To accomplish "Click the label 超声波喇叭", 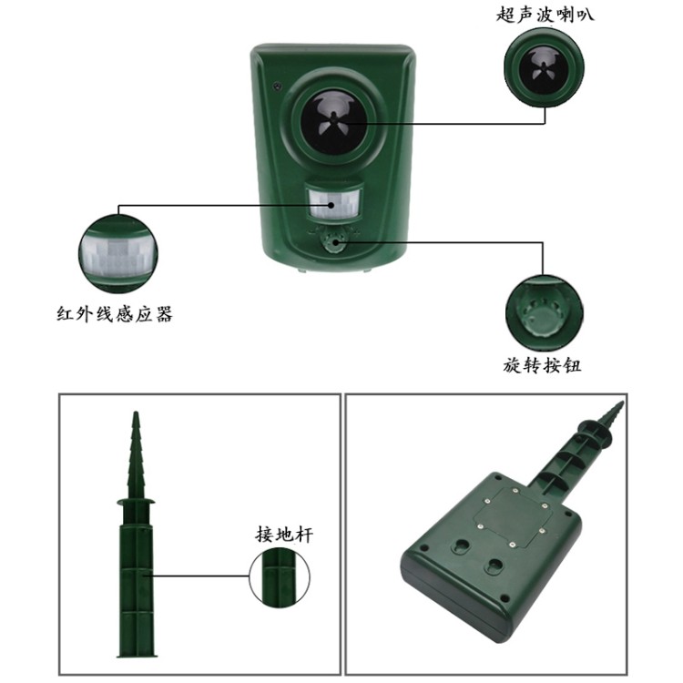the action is [545, 15].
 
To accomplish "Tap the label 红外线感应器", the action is [115, 313].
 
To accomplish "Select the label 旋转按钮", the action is [543, 365].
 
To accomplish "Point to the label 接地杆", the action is [284, 534].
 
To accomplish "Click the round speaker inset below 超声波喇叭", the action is [544, 68].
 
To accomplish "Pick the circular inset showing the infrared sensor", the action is [118, 254].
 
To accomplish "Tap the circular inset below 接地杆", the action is [280, 577].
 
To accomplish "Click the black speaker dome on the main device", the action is [333, 122].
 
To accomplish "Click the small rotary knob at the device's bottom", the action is [335, 243].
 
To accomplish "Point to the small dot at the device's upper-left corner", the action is [277, 86].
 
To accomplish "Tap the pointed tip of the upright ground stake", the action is [136, 413].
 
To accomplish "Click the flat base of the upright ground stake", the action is [137, 654].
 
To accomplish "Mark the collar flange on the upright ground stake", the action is [136, 502].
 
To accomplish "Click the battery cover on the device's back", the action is [513, 517].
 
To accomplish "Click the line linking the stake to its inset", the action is [200, 576].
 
